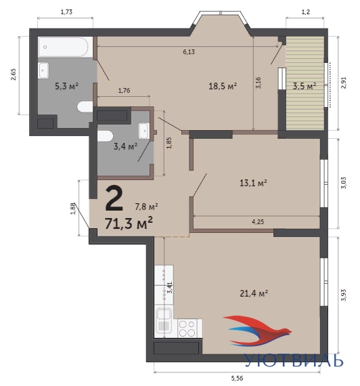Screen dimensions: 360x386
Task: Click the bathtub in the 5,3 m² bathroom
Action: [x=63, y=47]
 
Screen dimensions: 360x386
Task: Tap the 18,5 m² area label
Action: [x=223, y=87]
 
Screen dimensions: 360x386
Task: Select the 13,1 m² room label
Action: [x=254, y=183]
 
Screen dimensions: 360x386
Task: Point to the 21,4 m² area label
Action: [x=254, y=293]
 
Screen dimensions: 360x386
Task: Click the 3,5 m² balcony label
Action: [x=305, y=87]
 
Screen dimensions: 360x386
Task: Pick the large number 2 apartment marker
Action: [x=114, y=199]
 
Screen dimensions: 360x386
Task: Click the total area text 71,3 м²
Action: [x=129, y=223]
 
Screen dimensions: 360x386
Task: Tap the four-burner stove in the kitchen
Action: [x=187, y=328]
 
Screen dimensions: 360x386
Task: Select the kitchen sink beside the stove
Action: [x=163, y=320]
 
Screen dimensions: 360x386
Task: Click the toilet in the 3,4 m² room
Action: [x=106, y=136]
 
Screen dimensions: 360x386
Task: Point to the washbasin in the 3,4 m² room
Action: [x=143, y=131]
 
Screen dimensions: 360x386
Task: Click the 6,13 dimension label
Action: [x=189, y=51]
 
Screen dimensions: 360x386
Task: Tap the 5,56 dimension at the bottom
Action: [x=238, y=378]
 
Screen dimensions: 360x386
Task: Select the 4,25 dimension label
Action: [x=258, y=222]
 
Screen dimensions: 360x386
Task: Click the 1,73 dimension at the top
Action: [x=66, y=12]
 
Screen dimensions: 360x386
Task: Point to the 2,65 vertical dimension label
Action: [x=13, y=74]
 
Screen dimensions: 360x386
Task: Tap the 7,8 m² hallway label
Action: [x=146, y=207]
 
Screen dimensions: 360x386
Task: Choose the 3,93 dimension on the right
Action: [x=344, y=295]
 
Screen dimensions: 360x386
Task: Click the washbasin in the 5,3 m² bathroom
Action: [x=43, y=70]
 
